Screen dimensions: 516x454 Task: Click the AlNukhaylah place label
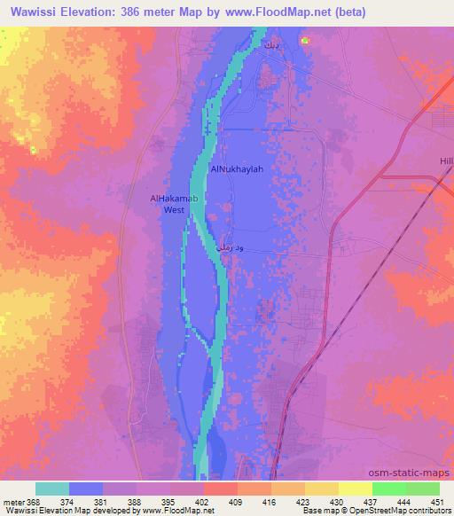click(237, 168)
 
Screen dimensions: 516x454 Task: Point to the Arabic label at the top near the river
click(270, 43)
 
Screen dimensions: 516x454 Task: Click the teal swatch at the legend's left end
click(52, 489)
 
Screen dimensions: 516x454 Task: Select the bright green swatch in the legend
click(388, 489)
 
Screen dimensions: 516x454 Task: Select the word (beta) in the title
click(344, 12)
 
